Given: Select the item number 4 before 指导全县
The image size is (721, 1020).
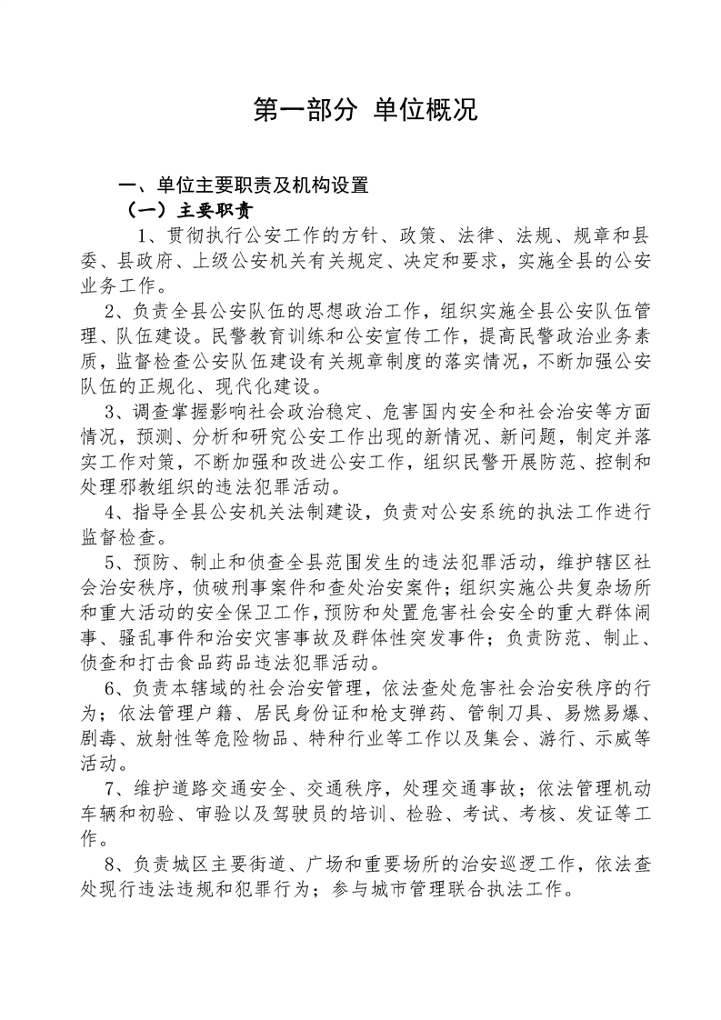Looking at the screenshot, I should (x=110, y=511).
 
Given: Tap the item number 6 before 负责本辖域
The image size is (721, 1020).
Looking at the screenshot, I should (x=110, y=687).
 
